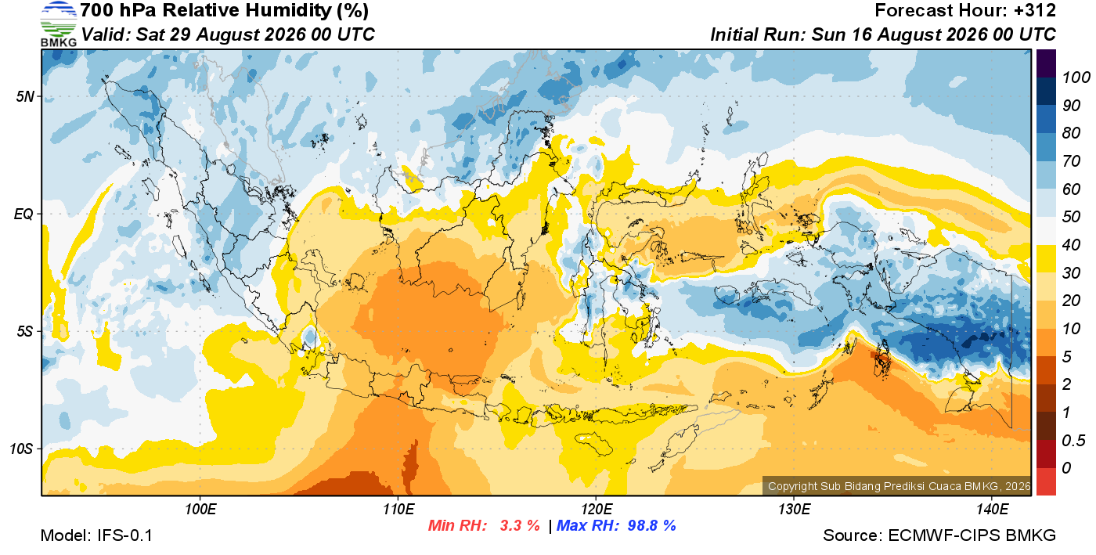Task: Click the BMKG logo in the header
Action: point(58,23)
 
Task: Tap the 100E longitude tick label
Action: point(200,510)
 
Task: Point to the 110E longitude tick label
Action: point(398,510)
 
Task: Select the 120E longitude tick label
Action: point(597,510)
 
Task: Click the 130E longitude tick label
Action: point(794,510)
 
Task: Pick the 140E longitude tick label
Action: point(992,510)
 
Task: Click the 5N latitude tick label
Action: point(25,96)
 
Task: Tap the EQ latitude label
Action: point(23,214)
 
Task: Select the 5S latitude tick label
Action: point(25,331)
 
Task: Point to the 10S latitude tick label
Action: point(22,449)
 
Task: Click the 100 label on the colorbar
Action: point(1076,77)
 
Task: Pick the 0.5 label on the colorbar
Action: point(1073,441)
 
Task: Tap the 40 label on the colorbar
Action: point(1071,245)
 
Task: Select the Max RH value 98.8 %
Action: point(651,525)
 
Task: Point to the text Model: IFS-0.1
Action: point(96,535)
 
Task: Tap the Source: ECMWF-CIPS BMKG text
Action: point(939,535)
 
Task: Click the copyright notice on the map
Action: point(899,486)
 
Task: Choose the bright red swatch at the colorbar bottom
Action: point(1046,482)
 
